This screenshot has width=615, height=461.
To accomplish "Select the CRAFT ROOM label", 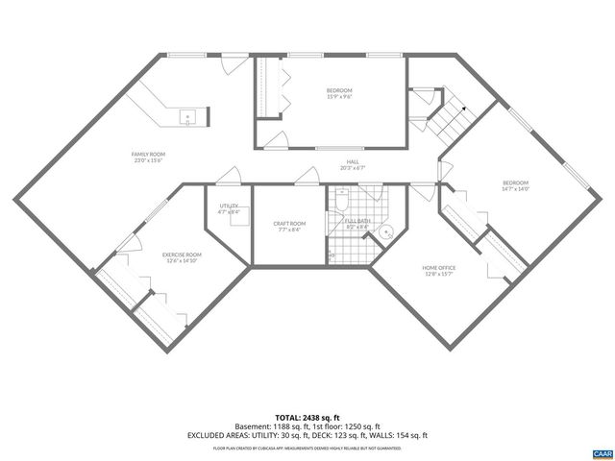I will [x=289, y=224].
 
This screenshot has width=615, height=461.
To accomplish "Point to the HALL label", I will [x=353, y=161].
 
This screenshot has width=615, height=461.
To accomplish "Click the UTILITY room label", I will [x=228, y=206].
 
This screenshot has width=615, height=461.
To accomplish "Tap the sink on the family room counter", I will [x=188, y=117].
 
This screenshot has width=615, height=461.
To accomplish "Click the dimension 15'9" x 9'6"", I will [x=339, y=96].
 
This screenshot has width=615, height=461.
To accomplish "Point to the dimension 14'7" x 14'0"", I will [x=515, y=188].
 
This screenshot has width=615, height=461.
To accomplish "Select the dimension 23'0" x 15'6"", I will [x=149, y=160].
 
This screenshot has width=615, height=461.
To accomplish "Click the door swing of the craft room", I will [x=307, y=174].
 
